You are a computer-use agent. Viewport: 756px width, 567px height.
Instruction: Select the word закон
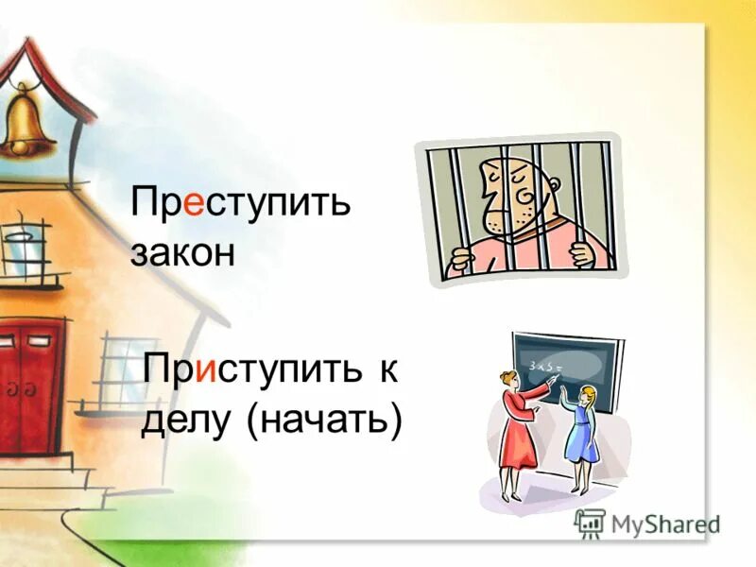coord(182,253)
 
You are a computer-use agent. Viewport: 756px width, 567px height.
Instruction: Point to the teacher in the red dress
coord(519,430)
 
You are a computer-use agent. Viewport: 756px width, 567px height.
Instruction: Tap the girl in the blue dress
coord(581,430)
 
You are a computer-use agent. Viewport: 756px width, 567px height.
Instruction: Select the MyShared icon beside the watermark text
coord(590,523)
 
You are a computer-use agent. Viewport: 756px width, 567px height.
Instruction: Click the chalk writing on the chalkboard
coord(546,363)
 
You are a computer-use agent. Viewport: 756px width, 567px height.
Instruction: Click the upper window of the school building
coord(26,248)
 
